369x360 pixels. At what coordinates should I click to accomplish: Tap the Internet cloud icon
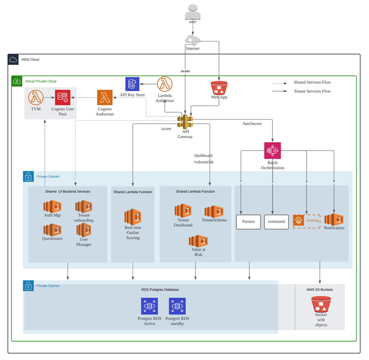tap(193, 39)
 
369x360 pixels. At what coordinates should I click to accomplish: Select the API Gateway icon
tap(185, 122)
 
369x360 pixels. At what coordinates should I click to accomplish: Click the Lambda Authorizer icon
tap(165, 84)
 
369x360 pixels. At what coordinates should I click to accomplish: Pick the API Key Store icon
tap(132, 84)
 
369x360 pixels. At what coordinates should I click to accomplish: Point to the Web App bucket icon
tap(219, 88)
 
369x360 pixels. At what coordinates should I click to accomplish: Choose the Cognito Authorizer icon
tap(105, 97)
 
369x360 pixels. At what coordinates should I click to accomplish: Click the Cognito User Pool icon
tap(63, 97)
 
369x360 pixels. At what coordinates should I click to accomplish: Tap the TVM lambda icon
tap(36, 97)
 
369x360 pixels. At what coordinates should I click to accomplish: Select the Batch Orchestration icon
tap(273, 151)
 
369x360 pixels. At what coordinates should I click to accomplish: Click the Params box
tap(248, 222)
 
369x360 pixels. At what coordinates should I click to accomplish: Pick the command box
tap(277, 222)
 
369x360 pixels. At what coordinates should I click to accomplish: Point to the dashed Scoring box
tap(307, 221)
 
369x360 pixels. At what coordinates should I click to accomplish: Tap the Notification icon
tap(334, 219)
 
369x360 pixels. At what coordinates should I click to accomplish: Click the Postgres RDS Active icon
tap(150, 306)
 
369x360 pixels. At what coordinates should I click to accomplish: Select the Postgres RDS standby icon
tap(177, 306)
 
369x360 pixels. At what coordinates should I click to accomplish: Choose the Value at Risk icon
tap(198, 241)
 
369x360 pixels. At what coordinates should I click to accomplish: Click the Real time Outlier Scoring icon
tap(133, 217)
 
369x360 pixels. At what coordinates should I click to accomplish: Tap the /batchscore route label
tap(252, 124)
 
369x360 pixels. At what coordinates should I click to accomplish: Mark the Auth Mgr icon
tap(52, 206)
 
